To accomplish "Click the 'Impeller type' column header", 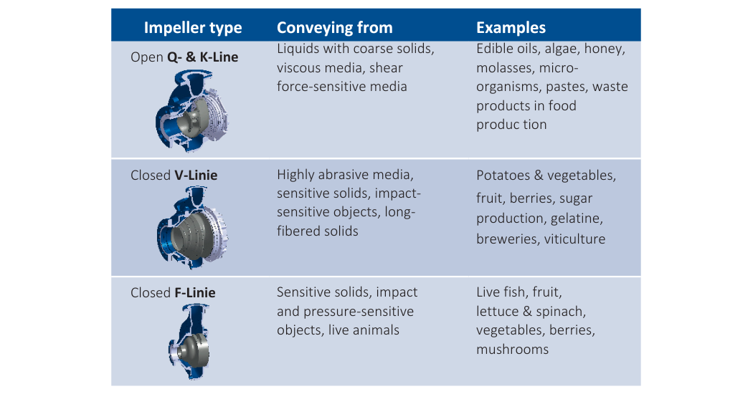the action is tap(193, 28).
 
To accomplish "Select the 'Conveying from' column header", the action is tap(335, 28).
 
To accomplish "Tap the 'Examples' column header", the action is tap(511, 28).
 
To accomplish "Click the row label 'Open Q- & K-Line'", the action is tap(184, 57).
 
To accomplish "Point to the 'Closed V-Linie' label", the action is tap(174, 176).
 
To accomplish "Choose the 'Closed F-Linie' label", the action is tap(173, 293).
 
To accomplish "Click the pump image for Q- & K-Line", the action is tap(191, 110).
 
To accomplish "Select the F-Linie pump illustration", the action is tap(189, 342).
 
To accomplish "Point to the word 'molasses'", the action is tap(504, 67).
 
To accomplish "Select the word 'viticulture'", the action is tap(574, 239).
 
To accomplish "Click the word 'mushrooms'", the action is tap(513, 350).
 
